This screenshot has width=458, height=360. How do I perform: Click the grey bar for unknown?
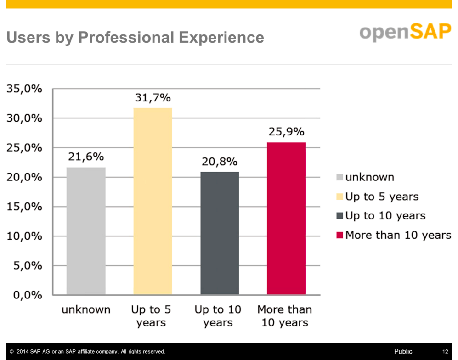[86, 231]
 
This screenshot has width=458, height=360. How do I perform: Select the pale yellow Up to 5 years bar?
[153, 201]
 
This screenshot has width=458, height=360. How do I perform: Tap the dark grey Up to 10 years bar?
[220, 233]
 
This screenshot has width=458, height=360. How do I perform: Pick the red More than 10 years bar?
[286, 219]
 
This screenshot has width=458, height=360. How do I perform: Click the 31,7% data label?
[153, 98]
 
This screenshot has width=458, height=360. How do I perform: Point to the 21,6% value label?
[86, 157]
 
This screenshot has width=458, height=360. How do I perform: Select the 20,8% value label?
[220, 162]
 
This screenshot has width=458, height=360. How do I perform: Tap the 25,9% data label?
[286, 132]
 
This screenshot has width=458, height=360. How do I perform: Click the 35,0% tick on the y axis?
[24, 89]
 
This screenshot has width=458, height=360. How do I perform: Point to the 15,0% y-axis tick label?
[24, 207]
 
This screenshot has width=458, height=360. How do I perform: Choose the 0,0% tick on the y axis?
[28, 295]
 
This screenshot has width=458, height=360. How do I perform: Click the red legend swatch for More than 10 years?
[339, 235]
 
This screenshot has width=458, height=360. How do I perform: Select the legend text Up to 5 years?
[382, 197]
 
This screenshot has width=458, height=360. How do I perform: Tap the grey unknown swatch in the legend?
[339, 177]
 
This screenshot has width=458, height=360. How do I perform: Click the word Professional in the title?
[126, 37]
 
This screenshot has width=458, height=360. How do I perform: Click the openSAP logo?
[406, 32]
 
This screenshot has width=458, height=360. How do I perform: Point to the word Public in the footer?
[403, 352]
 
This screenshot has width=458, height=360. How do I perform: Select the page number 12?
[445, 352]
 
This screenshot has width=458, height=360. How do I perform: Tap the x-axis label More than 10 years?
[285, 316]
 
